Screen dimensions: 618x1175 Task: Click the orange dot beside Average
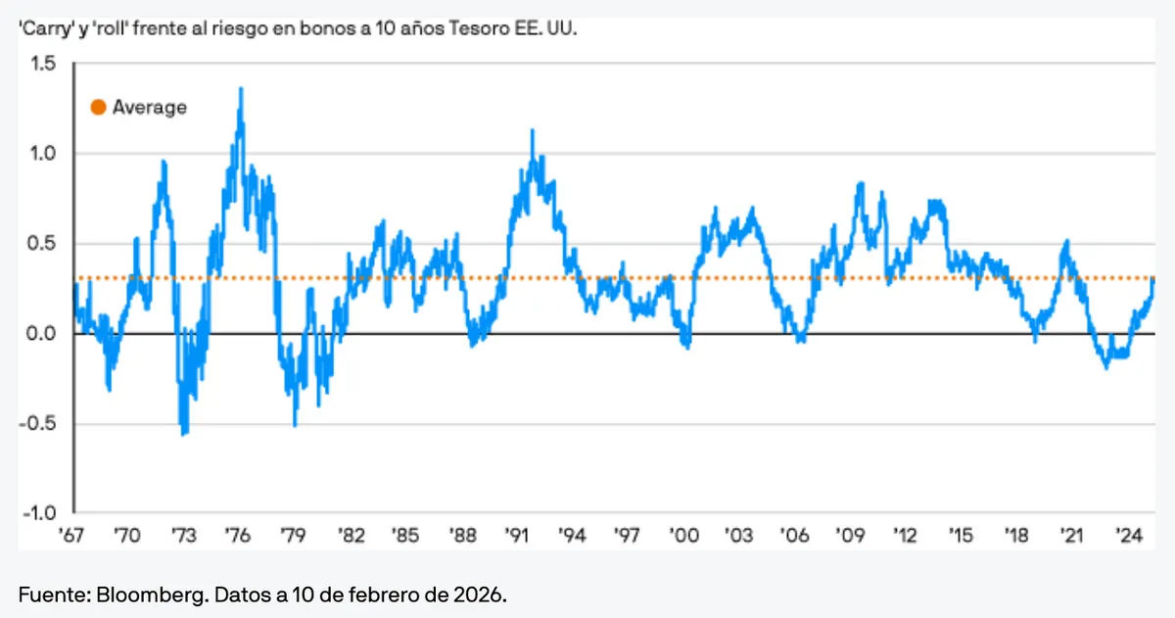tap(98, 108)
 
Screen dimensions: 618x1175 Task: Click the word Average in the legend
tap(149, 108)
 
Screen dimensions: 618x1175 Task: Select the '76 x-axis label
tap(238, 537)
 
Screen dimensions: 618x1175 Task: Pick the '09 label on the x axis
tap(850, 537)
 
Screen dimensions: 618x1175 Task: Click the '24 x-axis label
tap(1129, 537)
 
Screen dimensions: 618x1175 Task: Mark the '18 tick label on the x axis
tap(1017, 537)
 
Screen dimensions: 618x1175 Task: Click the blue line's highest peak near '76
tap(241, 88)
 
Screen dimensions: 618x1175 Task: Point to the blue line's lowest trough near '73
tap(183, 434)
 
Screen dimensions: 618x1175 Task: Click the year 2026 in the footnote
tap(484, 595)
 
